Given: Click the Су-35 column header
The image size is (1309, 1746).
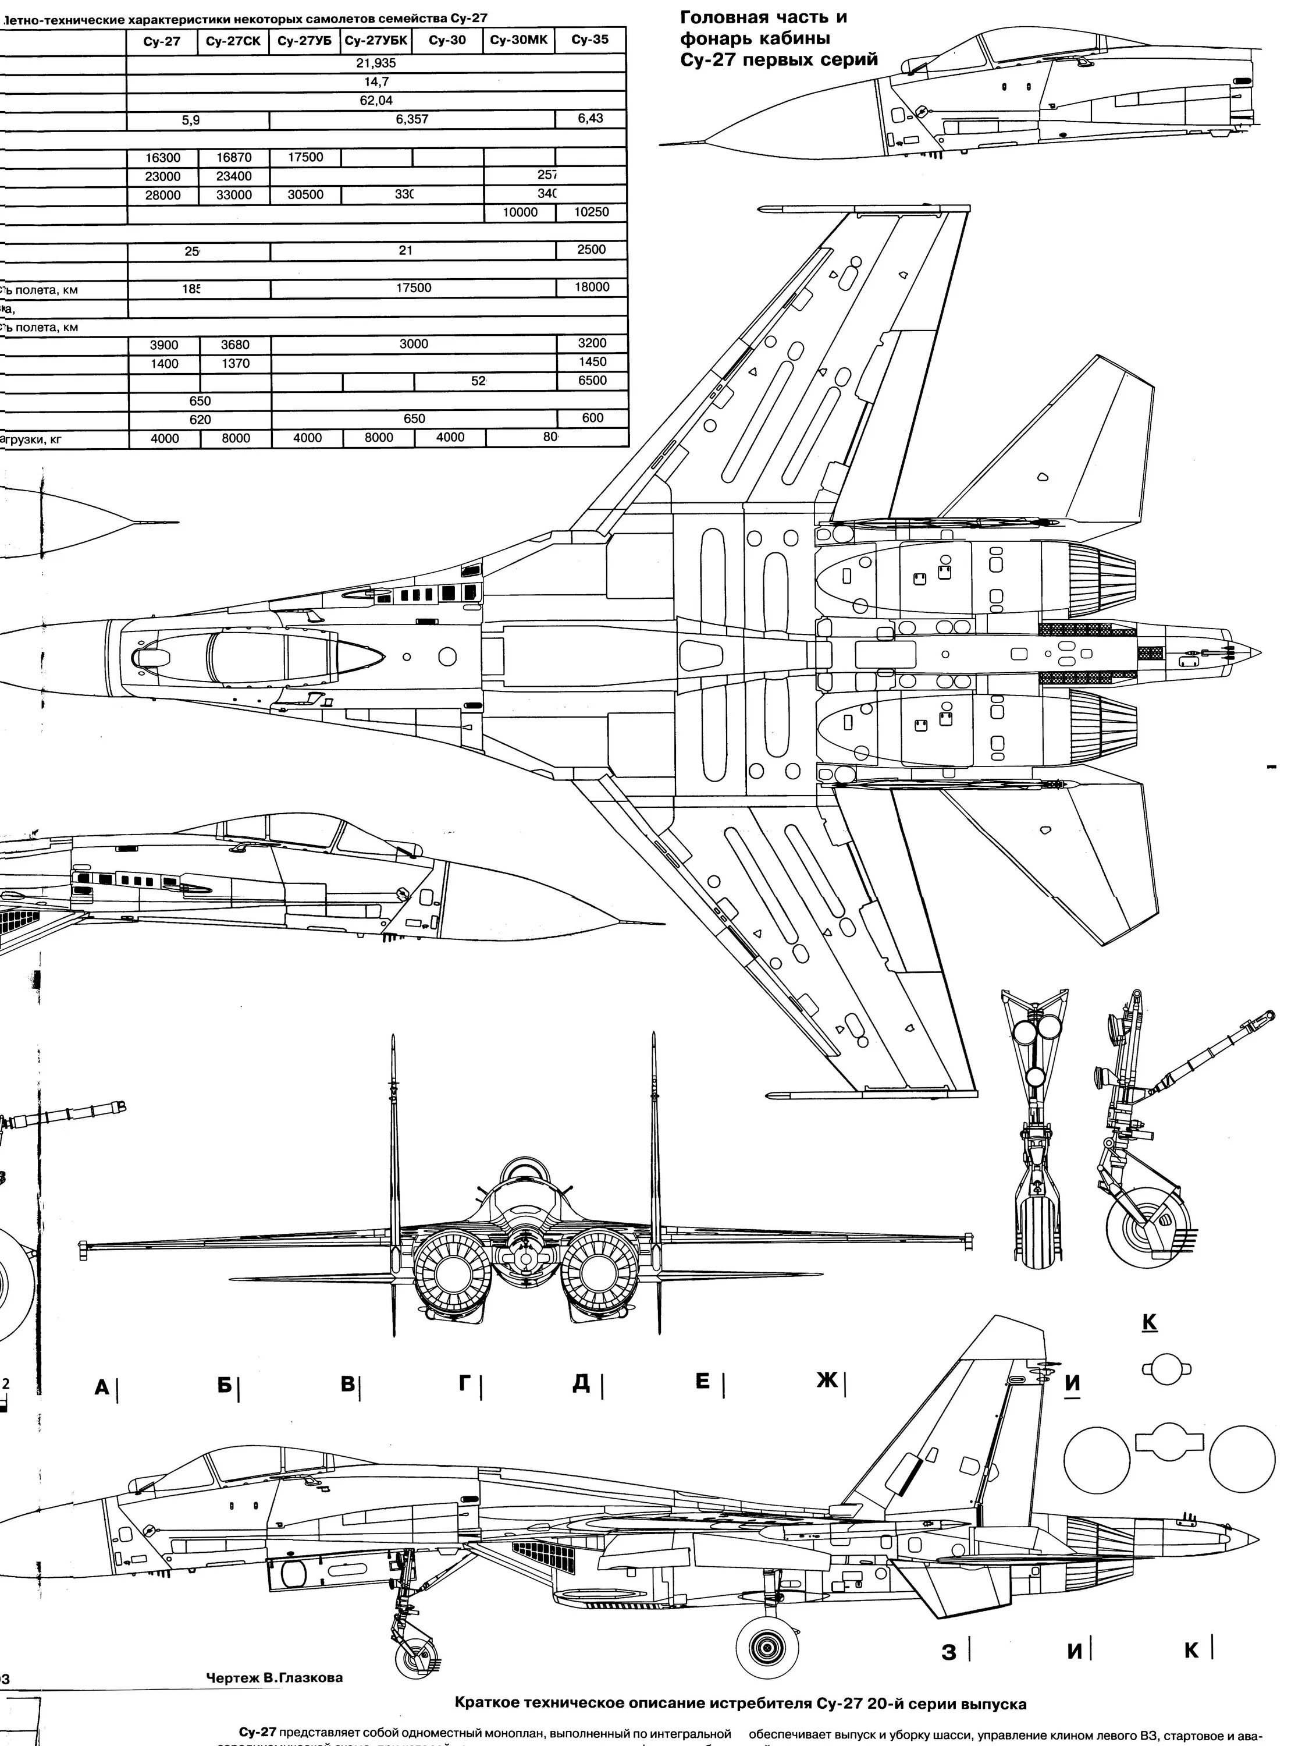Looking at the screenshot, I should click(590, 40).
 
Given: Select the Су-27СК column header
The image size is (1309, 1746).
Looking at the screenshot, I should click(233, 41).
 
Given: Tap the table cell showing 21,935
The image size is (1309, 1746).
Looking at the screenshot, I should click(376, 63).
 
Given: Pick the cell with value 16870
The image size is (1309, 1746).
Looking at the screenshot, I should click(233, 157).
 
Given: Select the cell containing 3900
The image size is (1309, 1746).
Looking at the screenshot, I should click(164, 345).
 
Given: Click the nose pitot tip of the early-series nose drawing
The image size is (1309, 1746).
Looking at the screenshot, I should click(663, 144).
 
